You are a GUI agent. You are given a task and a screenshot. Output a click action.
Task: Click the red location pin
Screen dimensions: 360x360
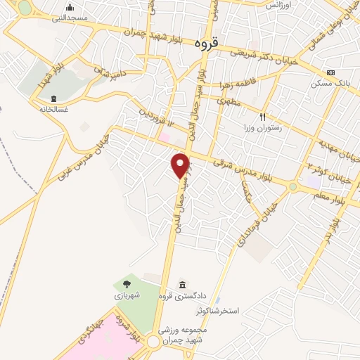[181, 165]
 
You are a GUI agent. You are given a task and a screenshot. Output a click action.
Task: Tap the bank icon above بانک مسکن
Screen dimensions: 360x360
[331, 73]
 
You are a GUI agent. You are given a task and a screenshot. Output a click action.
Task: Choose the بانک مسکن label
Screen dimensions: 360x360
[328, 83]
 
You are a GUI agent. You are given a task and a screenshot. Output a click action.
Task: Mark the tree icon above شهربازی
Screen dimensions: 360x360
[127, 283]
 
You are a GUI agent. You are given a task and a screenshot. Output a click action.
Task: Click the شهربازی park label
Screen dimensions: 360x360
[129, 296]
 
